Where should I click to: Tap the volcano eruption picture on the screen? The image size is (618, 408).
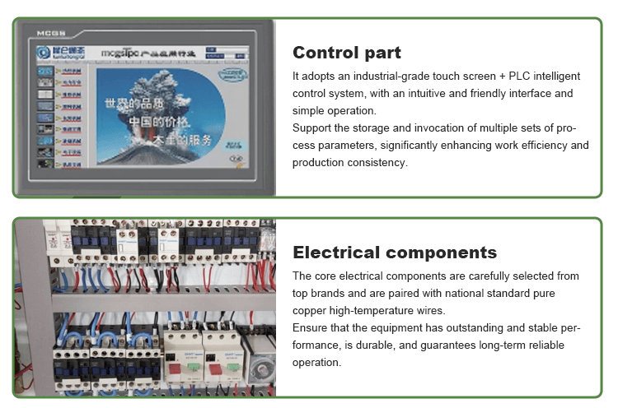pos(156,114)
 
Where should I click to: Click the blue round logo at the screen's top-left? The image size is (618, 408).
pos(43,53)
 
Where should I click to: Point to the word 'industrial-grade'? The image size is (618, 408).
pos(381,76)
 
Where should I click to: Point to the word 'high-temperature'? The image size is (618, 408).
pos(378,310)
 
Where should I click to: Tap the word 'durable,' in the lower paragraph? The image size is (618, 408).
pos(433,345)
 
